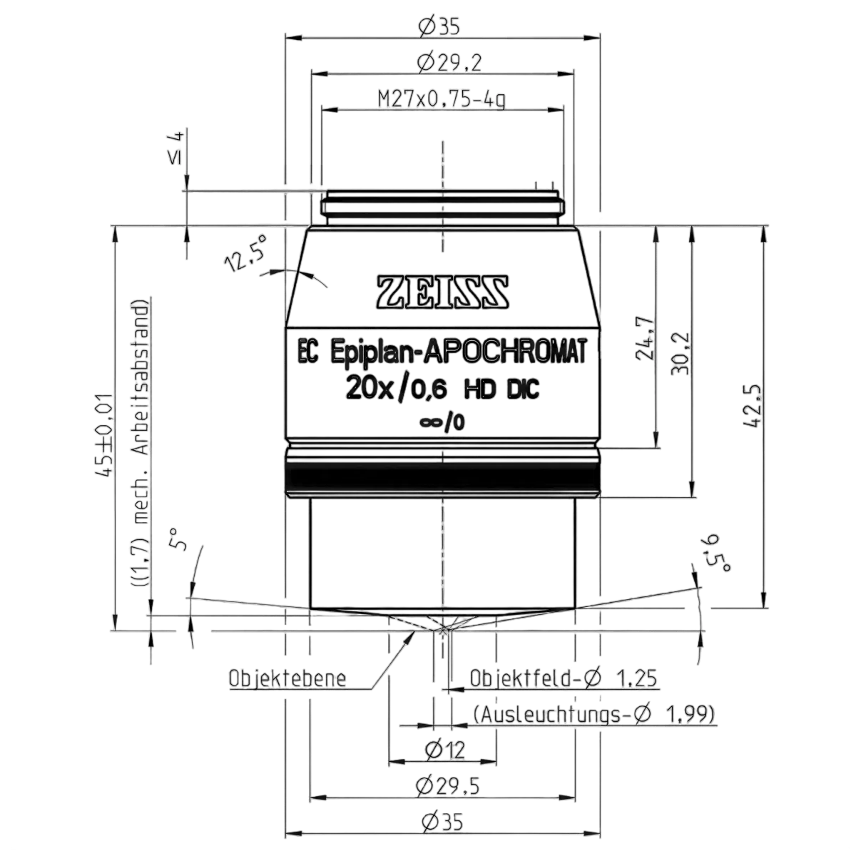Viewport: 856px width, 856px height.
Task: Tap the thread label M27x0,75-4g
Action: pos(442,99)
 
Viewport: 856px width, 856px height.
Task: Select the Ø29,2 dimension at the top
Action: pos(449,63)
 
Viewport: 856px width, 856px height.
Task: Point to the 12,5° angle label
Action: pos(247,253)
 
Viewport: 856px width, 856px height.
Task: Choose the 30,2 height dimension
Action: pos(680,353)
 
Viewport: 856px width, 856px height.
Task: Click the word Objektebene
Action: pos(287,678)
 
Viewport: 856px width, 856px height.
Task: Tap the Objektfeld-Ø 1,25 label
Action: pos(564,678)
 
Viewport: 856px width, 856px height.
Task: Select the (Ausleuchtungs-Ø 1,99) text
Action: pos(594,715)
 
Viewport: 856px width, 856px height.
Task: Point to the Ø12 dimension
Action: pos(444,750)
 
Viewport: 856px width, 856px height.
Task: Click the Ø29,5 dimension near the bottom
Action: pos(447,786)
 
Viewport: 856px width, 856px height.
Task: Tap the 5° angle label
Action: pos(178,539)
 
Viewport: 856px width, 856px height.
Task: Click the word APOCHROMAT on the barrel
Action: pos(504,352)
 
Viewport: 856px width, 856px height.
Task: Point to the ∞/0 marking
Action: pos(442,422)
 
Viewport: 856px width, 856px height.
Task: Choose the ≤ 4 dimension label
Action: pos(176,148)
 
